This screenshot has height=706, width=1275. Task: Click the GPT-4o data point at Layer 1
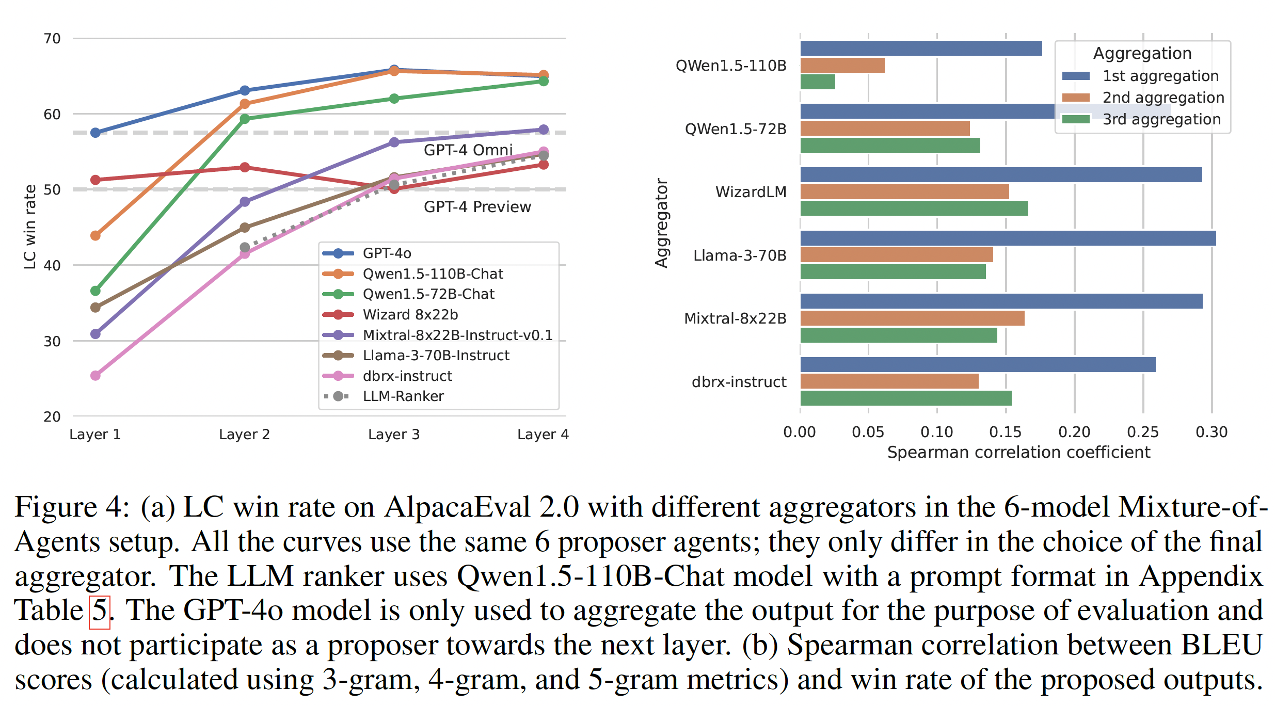coord(95,133)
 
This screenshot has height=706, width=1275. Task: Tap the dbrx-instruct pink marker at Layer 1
coord(95,375)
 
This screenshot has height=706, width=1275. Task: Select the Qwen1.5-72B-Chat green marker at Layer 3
coord(394,99)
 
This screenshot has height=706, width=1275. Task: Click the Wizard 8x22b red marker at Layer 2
coord(245,167)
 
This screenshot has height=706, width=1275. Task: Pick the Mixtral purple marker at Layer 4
coord(543,130)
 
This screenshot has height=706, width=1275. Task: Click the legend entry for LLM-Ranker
coord(403,396)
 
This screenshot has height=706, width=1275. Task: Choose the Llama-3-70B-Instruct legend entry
coord(436,355)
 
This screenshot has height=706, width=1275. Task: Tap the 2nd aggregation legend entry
coord(1163,98)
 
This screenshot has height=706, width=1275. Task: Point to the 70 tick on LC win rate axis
coord(52,39)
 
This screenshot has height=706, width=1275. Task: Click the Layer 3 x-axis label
coord(394,434)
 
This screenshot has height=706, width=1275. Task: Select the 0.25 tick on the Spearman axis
coord(1143,432)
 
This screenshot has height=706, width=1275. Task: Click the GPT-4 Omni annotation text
coord(468,150)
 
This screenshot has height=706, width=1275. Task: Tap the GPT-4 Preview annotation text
coord(477,207)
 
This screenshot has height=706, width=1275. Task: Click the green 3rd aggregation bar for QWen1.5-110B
coord(818,82)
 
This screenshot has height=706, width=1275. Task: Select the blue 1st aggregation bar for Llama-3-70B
coord(1008,238)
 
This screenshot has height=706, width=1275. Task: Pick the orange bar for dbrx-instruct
coord(889,381)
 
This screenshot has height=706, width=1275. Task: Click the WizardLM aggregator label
coord(751,192)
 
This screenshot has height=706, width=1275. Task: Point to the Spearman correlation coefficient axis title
coord(1018,452)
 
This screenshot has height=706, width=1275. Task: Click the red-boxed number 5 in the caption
coord(100,612)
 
